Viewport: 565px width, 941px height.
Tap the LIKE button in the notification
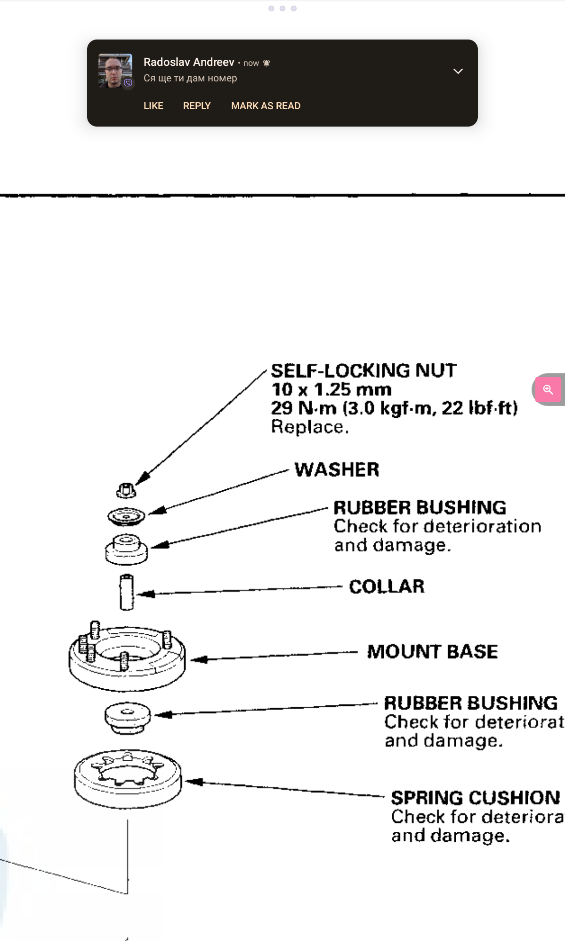153,106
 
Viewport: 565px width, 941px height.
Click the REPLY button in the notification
197,106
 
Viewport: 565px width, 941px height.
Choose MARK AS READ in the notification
266,106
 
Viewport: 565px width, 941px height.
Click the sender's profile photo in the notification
115,71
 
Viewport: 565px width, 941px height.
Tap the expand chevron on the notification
458,71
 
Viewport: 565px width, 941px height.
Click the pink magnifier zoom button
548,390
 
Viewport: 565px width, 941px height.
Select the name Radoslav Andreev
189,62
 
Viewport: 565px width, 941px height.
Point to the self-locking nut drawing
126,490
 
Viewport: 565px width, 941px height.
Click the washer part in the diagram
126,516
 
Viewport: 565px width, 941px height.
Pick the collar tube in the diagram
127,592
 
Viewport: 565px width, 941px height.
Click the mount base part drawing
127,659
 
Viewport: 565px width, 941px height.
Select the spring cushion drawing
128,779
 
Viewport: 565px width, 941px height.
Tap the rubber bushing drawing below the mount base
128,717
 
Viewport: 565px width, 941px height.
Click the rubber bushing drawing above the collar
126,550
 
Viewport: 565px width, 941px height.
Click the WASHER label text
337,470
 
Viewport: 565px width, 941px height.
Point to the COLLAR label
387,587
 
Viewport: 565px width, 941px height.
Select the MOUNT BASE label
432,652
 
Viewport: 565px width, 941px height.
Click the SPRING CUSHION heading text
475,797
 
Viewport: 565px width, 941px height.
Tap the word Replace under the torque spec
309,427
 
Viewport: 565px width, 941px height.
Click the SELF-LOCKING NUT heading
363,371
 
